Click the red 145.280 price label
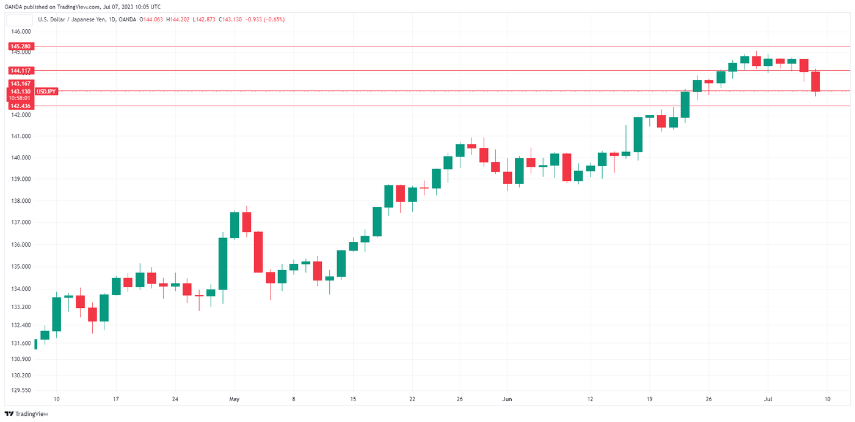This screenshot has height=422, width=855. point(21,46)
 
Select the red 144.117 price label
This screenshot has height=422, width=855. point(21,70)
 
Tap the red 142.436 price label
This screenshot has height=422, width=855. point(21,106)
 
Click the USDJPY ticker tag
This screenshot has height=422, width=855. point(46,91)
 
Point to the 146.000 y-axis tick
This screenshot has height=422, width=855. point(21,31)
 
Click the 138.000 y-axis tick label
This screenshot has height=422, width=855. point(21,201)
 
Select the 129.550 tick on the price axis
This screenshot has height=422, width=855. point(21,390)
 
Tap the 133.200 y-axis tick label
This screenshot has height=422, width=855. point(21,307)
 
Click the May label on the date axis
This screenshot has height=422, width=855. point(234,399)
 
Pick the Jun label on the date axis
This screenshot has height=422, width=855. point(506,399)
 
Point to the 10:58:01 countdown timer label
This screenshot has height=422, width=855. point(21,98)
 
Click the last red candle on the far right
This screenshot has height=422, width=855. point(815,82)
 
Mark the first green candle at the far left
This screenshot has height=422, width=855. point(36,344)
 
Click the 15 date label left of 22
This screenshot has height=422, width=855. point(353,399)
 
